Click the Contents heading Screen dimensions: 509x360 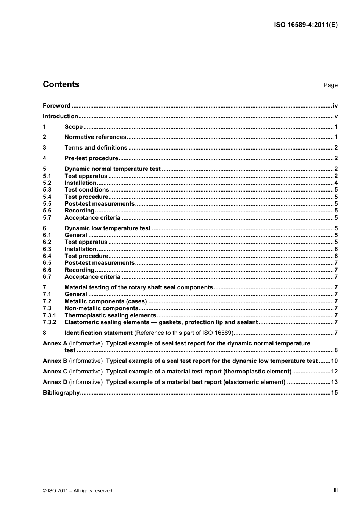point(61,84)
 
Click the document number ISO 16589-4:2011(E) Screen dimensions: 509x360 point(306,25)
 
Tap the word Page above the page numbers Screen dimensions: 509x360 point(330,85)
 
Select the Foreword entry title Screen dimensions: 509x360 point(56,106)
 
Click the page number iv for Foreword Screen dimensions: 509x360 point(335,106)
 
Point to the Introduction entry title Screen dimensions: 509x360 point(60,116)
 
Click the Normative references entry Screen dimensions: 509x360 point(95,137)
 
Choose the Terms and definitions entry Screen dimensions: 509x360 point(96,148)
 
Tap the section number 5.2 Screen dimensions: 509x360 point(47,183)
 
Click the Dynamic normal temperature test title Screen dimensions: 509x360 point(113,169)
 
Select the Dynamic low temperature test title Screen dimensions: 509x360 point(108,228)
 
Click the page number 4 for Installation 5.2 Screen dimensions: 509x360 point(336,183)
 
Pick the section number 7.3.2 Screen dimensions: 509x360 point(49,322)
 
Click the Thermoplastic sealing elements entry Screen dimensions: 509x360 point(110,315)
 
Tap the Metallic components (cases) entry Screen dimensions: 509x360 point(105,301)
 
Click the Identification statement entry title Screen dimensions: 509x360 point(99,333)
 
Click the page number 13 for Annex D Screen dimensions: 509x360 point(334,382)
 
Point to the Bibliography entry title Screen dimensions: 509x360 point(61,393)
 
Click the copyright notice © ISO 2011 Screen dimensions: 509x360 point(77,491)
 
